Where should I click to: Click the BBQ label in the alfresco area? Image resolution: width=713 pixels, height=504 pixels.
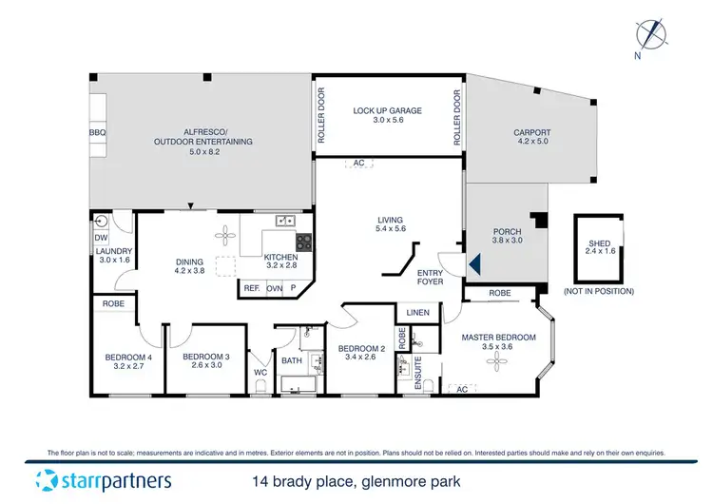tap(96, 133)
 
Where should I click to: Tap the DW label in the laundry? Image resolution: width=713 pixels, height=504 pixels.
tap(101, 239)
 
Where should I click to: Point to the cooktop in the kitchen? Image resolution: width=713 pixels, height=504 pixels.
tap(303, 242)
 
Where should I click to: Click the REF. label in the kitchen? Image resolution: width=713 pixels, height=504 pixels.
tap(252, 287)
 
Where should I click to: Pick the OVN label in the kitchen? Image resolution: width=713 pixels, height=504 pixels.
tap(275, 287)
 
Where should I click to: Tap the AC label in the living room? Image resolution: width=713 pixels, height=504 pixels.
tap(359, 163)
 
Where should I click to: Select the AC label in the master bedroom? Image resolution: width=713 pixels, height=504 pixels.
tap(461, 389)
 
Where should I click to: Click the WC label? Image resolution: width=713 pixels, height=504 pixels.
tap(260, 373)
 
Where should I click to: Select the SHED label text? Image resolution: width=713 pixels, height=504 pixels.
tap(599, 244)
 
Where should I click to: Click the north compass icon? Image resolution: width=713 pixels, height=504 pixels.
tap(651, 34)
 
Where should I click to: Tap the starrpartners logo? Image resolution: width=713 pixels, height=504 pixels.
tap(104, 479)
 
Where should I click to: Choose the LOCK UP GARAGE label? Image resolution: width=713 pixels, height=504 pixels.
tap(387, 111)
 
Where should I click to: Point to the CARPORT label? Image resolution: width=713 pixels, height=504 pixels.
tap(531, 134)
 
